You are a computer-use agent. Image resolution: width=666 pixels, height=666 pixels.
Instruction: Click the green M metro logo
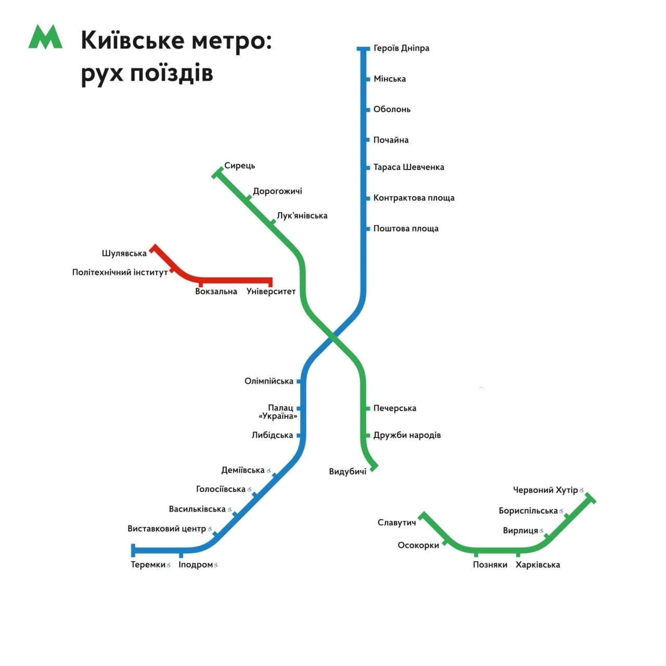[x=45, y=36]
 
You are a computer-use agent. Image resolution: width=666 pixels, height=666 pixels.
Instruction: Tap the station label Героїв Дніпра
[x=401, y=48]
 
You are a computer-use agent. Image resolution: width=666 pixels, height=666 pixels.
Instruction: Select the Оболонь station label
[x=392, y=109]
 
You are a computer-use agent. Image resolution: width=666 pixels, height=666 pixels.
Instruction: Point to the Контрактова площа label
[x=414, y=198]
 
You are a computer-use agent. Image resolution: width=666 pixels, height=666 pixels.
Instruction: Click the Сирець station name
[x=239, y=165]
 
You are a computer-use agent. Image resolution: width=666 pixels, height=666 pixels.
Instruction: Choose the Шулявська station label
[x=124, y=253]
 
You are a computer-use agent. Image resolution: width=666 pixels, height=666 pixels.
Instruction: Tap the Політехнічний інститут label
[x=120, y=272]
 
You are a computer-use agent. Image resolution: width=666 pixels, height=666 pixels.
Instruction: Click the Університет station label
[x=271, y=291]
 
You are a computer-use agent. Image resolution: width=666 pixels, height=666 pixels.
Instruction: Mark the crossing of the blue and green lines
[x=332, y=336]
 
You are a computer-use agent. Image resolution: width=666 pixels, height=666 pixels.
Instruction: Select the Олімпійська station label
[x=269, y=381]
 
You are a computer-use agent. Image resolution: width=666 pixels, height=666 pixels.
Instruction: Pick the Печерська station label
[x=395, y=408]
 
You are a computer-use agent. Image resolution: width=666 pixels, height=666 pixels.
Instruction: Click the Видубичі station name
[x=348, y=472]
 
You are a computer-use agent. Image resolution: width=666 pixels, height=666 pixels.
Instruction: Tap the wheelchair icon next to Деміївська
[x=268, y=470]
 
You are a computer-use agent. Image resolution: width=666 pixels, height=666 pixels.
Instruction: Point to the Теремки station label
[x=148, y=565]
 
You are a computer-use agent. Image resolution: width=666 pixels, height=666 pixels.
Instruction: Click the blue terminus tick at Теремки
[x=133, y=550]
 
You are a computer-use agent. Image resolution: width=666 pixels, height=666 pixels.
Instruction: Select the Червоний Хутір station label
[x=545, y=490]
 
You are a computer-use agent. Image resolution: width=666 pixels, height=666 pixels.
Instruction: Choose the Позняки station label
[x=490, y=565]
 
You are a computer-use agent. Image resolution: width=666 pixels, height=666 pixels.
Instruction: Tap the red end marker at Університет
[x=271, y=282]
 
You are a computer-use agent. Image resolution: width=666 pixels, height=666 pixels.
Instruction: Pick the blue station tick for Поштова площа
[x=368, y=228]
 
